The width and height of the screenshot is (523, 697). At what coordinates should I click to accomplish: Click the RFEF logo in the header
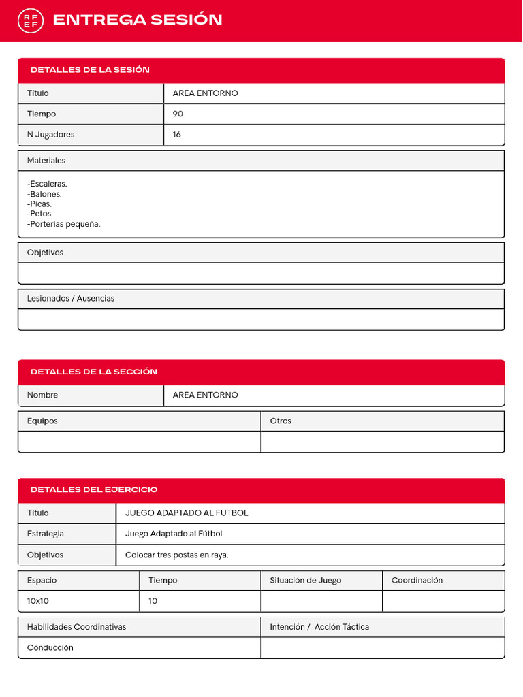31,20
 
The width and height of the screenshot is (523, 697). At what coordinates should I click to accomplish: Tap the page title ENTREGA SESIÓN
138,20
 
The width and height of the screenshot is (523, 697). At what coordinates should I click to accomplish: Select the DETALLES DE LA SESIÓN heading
90,70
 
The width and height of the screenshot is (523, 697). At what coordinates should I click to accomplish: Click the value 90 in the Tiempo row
178,114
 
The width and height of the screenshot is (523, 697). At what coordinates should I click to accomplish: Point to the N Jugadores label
51,135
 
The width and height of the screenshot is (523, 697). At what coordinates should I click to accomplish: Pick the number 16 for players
177,135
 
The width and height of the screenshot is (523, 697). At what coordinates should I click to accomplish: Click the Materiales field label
46,161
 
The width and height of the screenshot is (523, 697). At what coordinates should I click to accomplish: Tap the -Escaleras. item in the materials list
47,184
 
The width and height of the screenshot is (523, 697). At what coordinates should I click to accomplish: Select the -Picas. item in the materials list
39,204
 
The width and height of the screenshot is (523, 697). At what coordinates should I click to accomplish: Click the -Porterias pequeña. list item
64,223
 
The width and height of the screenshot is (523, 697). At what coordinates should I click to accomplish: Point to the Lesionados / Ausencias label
71,299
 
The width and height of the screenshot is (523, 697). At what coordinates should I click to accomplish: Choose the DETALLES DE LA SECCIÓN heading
93,372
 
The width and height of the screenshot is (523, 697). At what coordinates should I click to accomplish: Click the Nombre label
42,395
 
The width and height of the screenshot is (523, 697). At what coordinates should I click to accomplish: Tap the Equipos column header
42,421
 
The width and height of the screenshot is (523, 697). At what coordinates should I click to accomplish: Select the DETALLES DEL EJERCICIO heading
93,489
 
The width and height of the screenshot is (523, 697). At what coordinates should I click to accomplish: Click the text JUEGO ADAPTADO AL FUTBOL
187,513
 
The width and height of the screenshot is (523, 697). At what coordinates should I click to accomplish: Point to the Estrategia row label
46,534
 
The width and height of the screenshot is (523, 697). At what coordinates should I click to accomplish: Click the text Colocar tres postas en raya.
177,555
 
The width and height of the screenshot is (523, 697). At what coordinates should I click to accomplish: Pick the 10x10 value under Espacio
38,601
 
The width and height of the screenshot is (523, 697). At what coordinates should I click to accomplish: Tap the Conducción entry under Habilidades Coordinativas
50,648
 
